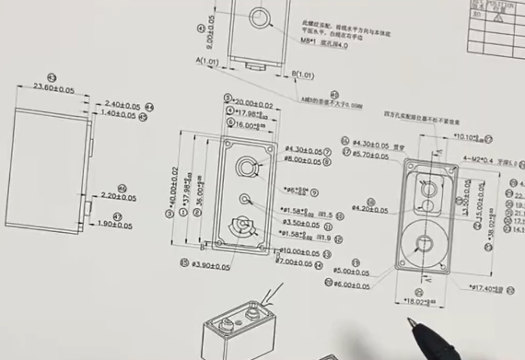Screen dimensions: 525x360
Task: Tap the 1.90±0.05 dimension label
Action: pyautogui.click(x=115, y=225)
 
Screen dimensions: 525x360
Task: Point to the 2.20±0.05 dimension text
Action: pyautogui.click(x=119, y=196)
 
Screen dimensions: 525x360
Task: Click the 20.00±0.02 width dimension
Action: pyautogui.click(x=252, y=102)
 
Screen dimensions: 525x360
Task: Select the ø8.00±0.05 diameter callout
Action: pyautogui.click(x=303, y=160)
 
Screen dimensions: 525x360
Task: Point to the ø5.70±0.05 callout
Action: pyautogui.click(x=373, y=155)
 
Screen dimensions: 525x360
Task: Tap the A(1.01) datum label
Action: pyautogui.click(x=207, y=62)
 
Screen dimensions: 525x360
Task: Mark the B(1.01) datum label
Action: pyautogui.click(x=303, y=74)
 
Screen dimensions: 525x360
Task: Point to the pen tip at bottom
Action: pyautogui.click(x=413, y=322)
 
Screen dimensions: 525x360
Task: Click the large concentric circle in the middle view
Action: pyautogui.click(x=248, y=167)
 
